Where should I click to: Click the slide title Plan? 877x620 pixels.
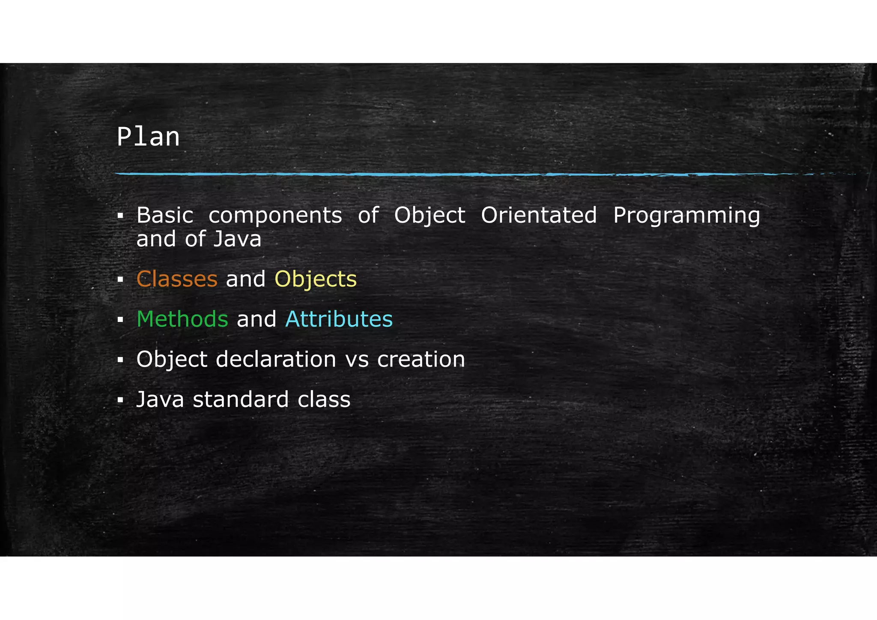[148, 137]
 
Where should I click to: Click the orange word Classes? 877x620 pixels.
[177, 279]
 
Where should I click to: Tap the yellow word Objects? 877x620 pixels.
[316, 279]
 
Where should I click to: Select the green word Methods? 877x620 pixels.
[182, 319]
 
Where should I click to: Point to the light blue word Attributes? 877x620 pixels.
[339, 319]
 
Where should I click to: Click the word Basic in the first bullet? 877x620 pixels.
[165, 215]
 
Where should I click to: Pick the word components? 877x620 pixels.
[275, 215]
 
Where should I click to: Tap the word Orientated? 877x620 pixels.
[539, 215]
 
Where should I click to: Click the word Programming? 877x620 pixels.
[686, 215]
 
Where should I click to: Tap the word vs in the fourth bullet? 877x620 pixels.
[357, 360]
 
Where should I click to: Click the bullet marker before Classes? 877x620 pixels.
[120, 280]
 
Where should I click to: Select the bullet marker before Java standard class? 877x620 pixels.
[120, 400]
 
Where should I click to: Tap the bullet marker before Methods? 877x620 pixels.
[120, 320]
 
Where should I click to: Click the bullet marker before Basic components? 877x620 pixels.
[120, 216]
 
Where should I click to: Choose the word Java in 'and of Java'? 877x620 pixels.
[237, 239]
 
